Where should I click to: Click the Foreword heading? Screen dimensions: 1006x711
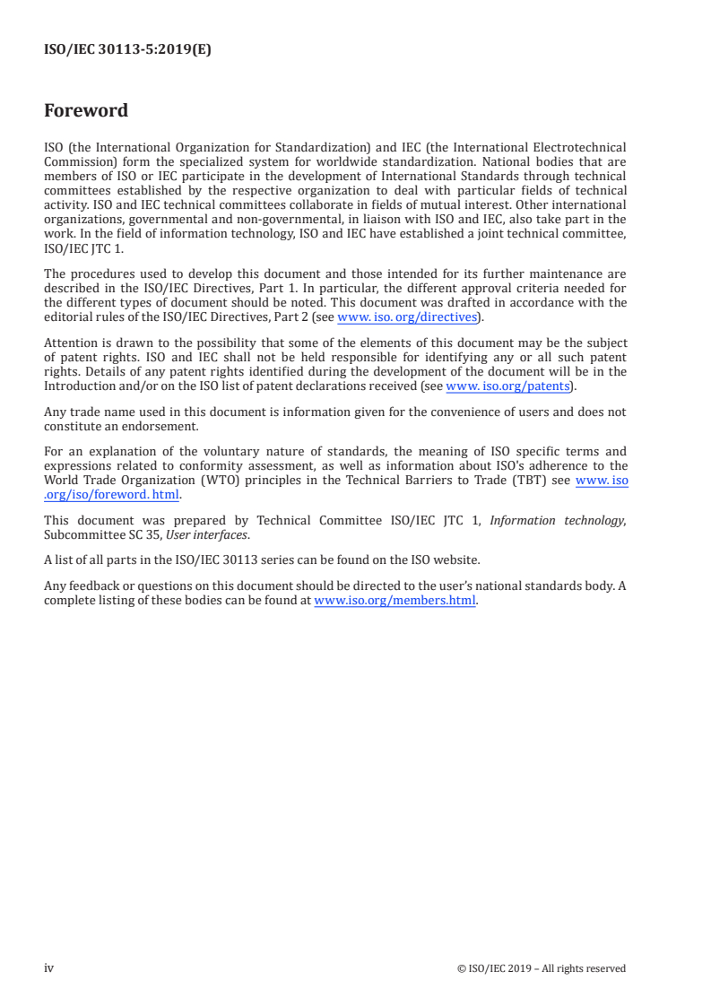(86, 111)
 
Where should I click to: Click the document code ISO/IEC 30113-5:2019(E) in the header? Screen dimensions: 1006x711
(127, 50)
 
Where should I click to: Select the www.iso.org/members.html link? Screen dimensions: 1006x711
(395, 602)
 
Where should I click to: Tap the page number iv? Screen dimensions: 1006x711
(49, 968)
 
